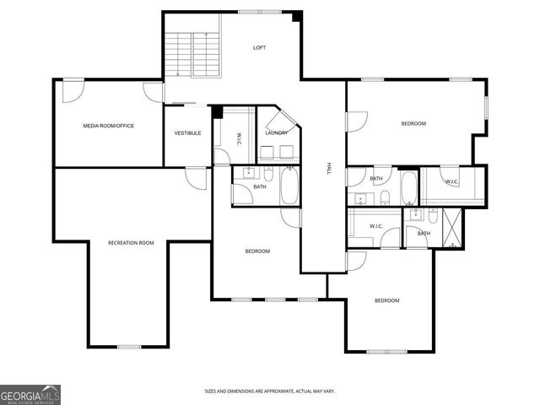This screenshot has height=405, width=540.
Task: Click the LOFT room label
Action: tap(260, 47)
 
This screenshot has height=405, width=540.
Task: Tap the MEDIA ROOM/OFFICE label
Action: tap(108, 126)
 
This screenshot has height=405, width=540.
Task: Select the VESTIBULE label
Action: tap(187, 132)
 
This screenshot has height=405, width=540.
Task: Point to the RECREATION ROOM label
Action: tap(131, 243)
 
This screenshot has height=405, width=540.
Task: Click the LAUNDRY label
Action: tap(276, 132)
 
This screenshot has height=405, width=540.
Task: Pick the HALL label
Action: tap(329, 169)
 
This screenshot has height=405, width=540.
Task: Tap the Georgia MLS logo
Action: tap(30, 395)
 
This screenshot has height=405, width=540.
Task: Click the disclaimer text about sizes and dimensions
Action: tap(270, 391)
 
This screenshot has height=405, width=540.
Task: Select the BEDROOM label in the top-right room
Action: tap(413, 124)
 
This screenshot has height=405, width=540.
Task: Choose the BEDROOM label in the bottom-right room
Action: tap(386, 300)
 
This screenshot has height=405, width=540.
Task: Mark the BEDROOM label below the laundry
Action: tap(257, 251)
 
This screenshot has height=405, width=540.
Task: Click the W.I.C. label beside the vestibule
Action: tap(240, 138)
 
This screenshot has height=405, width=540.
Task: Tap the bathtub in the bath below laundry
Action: tap(289, 186)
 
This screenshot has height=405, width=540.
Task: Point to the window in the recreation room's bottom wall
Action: tap(129, 347)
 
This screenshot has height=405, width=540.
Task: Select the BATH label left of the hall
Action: tap(260, 186)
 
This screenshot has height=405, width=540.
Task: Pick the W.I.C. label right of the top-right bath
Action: tap(452, 181)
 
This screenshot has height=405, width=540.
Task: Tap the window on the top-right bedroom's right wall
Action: tap(486, 105)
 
